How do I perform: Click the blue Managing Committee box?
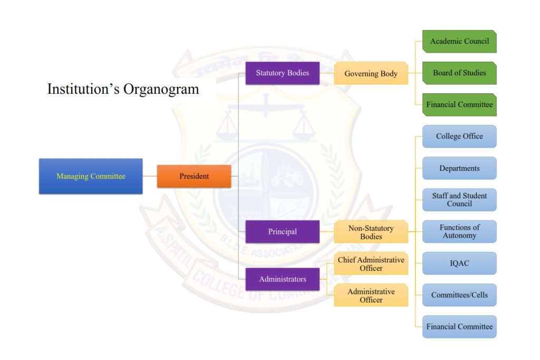pyautogui.click(x=91, y=177)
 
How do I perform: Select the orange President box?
pyautogui.click(x=194, y=177)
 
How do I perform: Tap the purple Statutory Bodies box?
pyautogui.click(x=283, y=73)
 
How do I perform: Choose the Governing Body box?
pyautogui.click(x=371, y=74)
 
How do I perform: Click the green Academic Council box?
pyautogui.click(x=459, y=41)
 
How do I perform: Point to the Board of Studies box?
pyautogui.click(x=459, y=73)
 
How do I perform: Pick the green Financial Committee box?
pyautogui.click(x=459, y=105)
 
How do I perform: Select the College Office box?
pyautogui.click(x=459, y=137)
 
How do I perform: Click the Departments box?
pyautogui.click(x=459, y=169)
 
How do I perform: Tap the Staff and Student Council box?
pyautogui.click(x=459, y=200)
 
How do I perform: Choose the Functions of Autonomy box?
pyautogui.click(x=459, y=231)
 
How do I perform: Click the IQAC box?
pyautogui.click(x=459, y=264)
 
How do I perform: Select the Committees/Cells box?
pyautogui.click(x=459, y=295)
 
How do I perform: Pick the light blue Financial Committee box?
pyautogui.click(x=459, y=327)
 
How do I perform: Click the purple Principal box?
pyautogui.click(x=283, y=232)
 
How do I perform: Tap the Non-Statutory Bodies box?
pyautogui.click(x=371, y=232)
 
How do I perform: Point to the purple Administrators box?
pyautogui.click(x=283, y=279)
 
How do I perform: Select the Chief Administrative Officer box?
pyautogui.click(x=371, y=264)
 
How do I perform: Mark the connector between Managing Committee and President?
pyautogui.click(x=150, y=177)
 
